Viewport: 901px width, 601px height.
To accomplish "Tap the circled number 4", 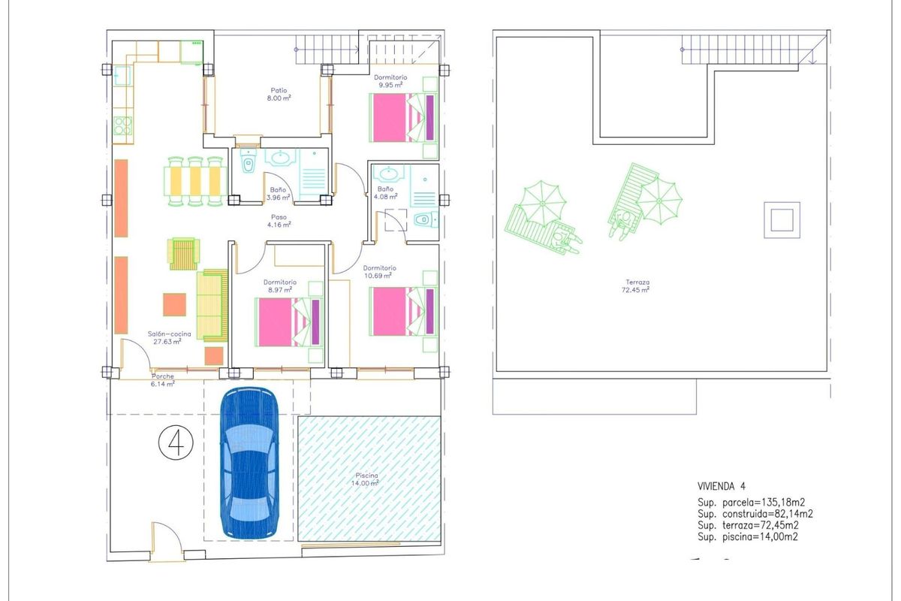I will (x=176, y=442).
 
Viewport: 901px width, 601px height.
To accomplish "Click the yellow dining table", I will (x=195, y=180).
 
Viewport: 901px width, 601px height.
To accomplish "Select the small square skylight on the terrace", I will (x=782, y=220).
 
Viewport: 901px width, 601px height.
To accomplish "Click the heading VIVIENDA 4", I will (x=722, y=486).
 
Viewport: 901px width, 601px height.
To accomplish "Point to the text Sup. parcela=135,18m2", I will (x=755, y=502).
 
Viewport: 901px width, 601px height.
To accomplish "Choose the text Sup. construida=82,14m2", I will (x=755, y=514).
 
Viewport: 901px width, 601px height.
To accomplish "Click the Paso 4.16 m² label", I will (x=279, y=220).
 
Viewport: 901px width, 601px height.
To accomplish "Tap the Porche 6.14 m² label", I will (x=163, y=380).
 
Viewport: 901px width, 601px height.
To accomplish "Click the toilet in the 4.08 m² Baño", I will (x=423, y=220).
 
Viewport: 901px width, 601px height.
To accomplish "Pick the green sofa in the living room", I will (x=212, y=305).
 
